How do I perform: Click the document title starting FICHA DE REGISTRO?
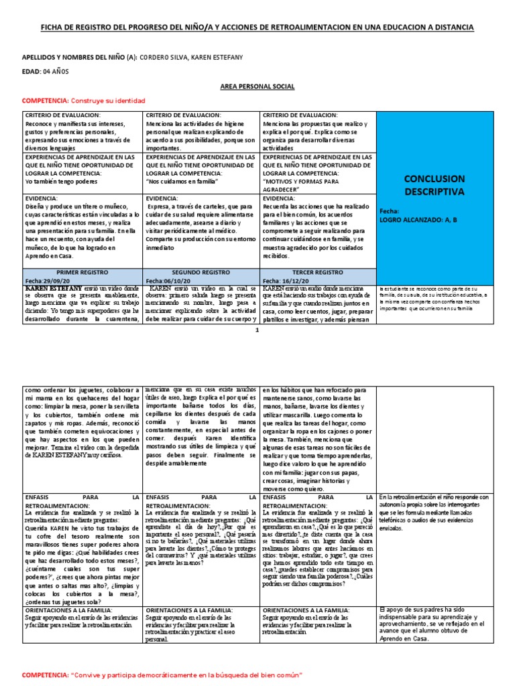tap(257, 27)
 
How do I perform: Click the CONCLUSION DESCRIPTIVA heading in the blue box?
tap(435, 186)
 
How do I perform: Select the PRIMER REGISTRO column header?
tap(81, 273)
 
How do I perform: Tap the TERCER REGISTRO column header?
tap(318, 273)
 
